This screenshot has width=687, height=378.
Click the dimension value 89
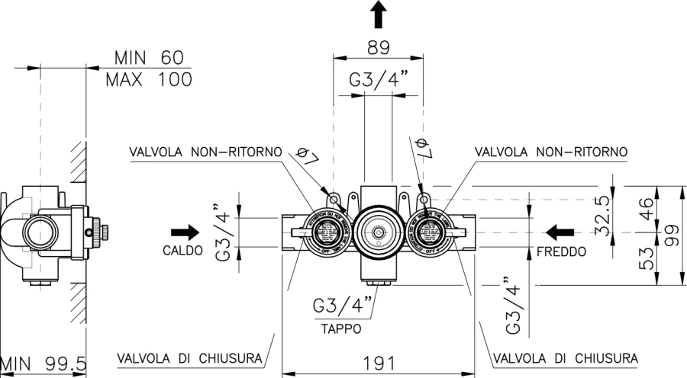[379, 46]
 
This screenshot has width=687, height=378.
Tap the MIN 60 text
[149, 58]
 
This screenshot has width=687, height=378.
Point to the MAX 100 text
[149, 78]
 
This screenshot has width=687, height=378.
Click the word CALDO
[182, 250]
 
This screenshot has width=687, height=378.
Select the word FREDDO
[561, 250]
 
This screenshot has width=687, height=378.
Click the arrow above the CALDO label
[184, 231]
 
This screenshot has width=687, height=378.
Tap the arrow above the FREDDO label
[560, 231]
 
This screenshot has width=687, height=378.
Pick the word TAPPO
[341, 329]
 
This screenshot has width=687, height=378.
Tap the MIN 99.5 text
[44, 364]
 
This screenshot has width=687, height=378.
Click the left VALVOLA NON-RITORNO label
[205, 152]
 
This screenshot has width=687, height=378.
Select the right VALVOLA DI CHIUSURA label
[566, 357]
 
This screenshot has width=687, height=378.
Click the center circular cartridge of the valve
[376, 228]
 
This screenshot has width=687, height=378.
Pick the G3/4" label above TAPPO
[343, 307]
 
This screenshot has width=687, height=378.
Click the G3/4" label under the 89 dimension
[379, 79]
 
